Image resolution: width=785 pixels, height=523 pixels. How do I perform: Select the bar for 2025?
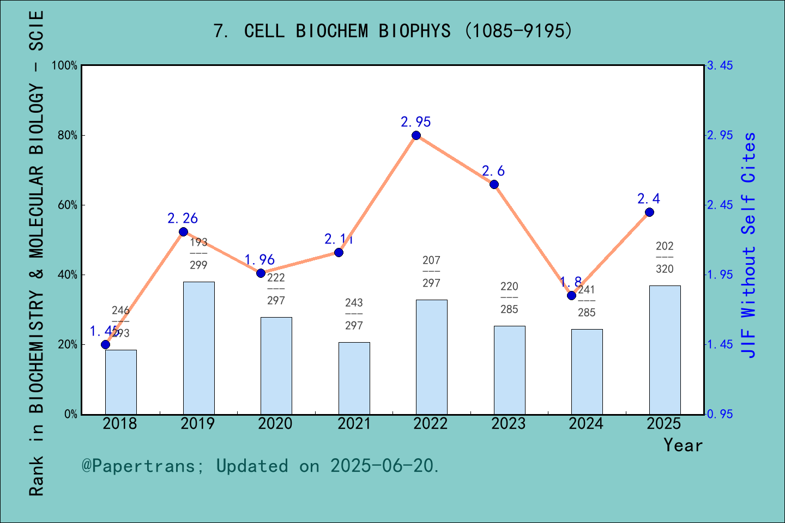click(x=665, y=350)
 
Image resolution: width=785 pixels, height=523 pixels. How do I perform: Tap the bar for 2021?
click(x=354, y=378)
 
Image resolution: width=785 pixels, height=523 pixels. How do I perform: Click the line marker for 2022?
click(x=416, y=136)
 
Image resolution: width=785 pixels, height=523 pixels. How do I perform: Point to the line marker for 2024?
click(x=571, y=296)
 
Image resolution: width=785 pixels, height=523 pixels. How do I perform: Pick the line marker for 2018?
click(x=105, y=344)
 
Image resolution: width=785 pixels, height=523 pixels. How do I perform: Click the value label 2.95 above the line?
click(x=416, y=122)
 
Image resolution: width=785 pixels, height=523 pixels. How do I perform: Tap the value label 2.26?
click(x=183, y=218)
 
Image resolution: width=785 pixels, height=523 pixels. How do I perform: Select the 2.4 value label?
click(x=649, y=199)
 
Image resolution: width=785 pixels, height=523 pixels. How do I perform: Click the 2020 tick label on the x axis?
click(x=275, y=424)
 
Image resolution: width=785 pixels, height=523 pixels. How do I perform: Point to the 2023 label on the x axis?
click(x=508, y=424)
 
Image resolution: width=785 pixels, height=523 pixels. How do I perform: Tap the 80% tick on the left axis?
click(x=68, y=136)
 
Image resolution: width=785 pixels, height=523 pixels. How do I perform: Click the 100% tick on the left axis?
click(x=65, y=66)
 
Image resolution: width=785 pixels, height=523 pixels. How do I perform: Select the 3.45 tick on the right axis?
click(x=720, y=66)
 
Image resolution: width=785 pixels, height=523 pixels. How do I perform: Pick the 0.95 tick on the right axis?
click(x=720, y=415)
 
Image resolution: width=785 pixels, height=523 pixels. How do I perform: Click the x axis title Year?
click(x=683, y=446)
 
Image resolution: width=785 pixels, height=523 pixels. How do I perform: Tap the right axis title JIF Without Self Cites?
click(x=749, y=245)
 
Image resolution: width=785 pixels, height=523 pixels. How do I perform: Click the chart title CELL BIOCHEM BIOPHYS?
click(x=392, y=31)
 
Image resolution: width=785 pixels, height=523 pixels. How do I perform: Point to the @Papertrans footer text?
click(x=261, y=466)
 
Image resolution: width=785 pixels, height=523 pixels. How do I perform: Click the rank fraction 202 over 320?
click(x=665, y=258)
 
